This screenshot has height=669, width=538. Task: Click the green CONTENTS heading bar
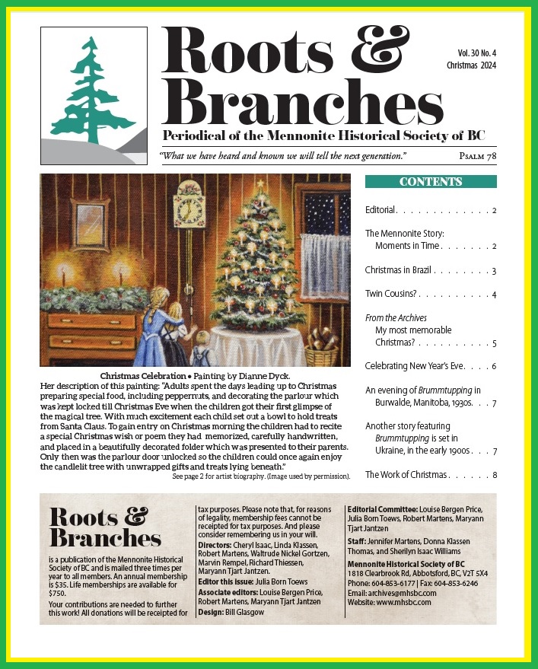point(431,182)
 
